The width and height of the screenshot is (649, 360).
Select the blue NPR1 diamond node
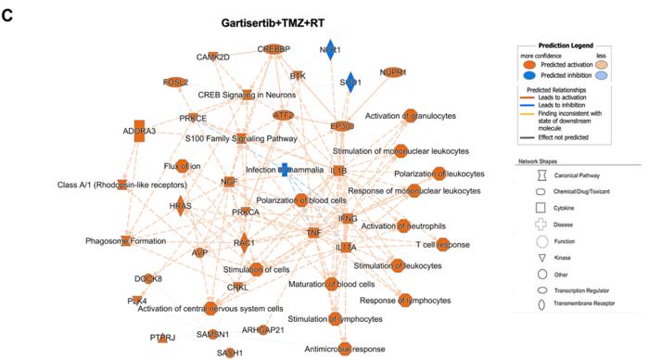330,50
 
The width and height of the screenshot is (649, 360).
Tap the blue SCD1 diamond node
350,83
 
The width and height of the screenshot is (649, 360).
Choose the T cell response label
442,245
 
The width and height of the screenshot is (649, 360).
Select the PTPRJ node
162,339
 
